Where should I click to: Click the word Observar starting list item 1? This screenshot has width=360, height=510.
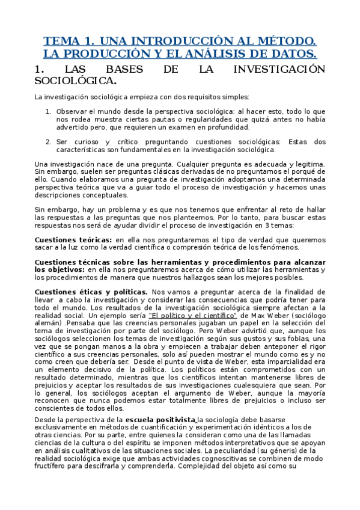click(x=72, y=111)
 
